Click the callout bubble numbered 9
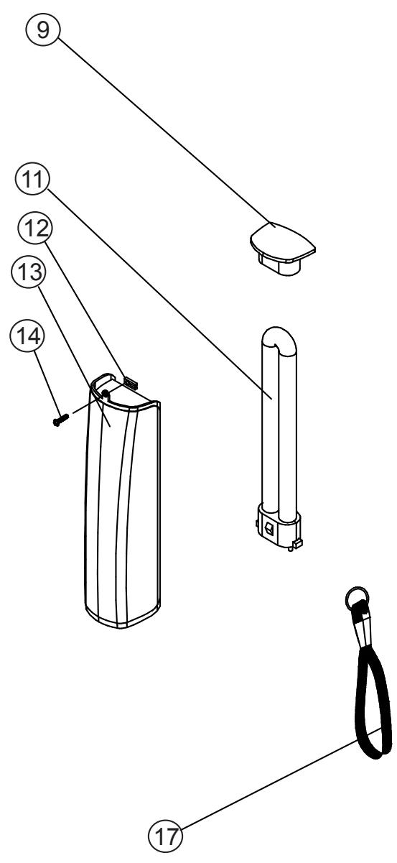coord(43,29)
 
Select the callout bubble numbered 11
coord(33,180)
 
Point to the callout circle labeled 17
coord(166,836)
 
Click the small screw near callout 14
coord(61,419)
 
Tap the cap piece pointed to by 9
coord(283,249)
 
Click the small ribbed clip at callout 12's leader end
coord(131,382)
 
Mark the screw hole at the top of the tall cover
coord(104,393)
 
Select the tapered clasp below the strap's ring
coord(363,628)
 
